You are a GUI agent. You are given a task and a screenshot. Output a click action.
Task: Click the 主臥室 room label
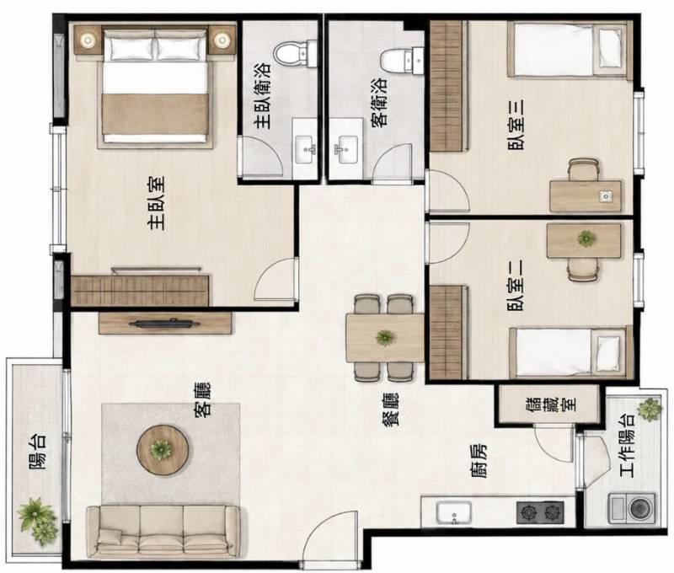156,203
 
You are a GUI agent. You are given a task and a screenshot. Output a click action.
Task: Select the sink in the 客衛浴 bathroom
346,149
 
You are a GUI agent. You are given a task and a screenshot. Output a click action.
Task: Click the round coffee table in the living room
163,450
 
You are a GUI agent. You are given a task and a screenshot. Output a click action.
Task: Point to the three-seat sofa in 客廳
163,532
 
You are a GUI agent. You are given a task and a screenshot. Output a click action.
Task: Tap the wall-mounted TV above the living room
165,324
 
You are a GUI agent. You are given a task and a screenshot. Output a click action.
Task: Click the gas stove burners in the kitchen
540,512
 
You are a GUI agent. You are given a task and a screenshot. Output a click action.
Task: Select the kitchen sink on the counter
454,512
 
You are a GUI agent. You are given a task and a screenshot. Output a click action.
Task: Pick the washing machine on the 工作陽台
632,508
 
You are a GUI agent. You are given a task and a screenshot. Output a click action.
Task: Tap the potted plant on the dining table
385,338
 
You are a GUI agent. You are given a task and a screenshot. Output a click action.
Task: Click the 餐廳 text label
391,409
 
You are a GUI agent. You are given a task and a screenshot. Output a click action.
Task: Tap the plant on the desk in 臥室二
586,238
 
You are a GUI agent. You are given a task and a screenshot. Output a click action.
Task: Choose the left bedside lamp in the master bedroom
88,40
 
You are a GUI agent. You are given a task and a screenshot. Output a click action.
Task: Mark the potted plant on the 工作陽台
649,409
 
